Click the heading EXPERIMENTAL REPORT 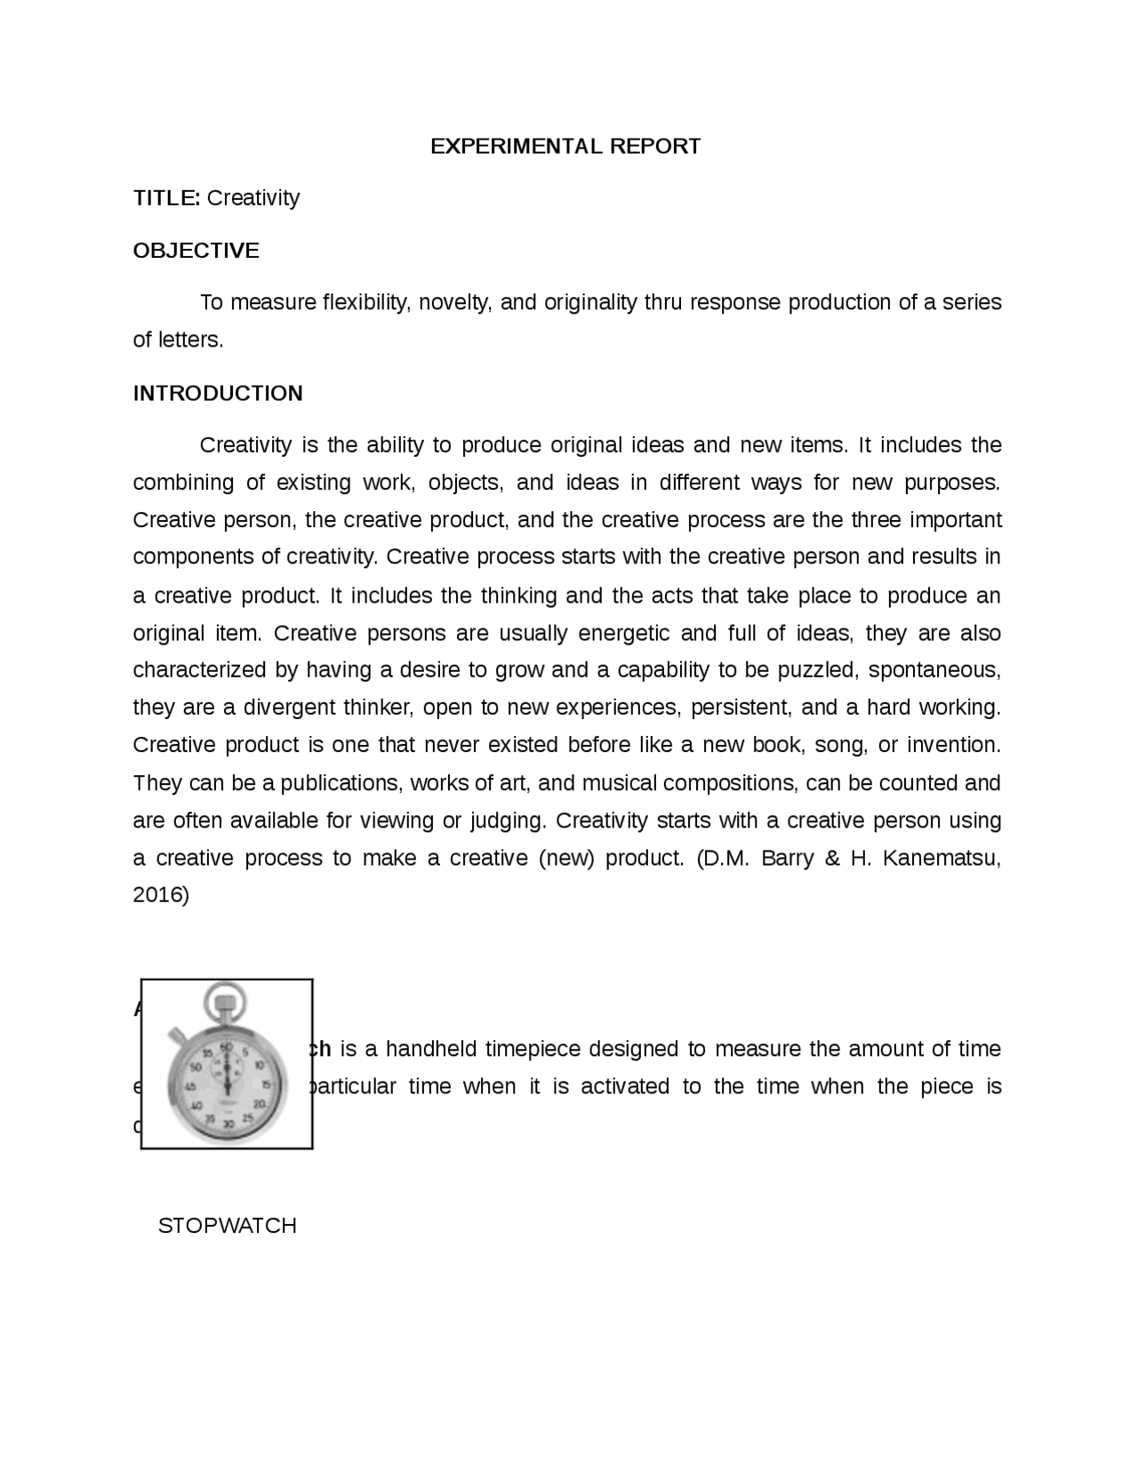coord(565,147)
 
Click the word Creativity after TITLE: coord(253,198)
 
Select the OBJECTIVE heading coord(196,251)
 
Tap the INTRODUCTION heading coord(218,394)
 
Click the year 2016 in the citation coord(157,895)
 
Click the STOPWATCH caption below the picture coord(227,1226)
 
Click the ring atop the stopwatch coord(225,1000)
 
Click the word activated coord(624,1087)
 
